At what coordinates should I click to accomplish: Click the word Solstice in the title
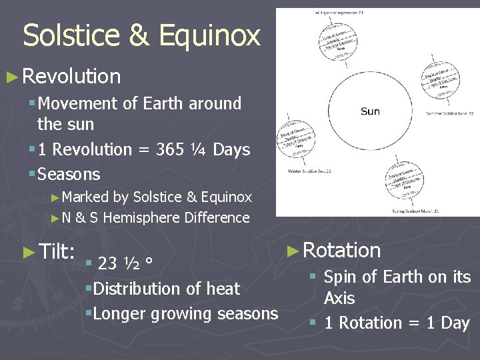(70, 35)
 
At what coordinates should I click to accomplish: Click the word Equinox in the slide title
(215, 35)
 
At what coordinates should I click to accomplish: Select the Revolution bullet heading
(71, 77)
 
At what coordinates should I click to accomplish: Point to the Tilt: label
(56, 252)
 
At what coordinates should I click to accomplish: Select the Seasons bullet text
(69, 175)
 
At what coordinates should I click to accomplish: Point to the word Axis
(339, 298)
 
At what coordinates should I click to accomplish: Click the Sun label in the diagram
(370, 111)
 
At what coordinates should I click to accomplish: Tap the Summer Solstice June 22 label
(450, 114)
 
